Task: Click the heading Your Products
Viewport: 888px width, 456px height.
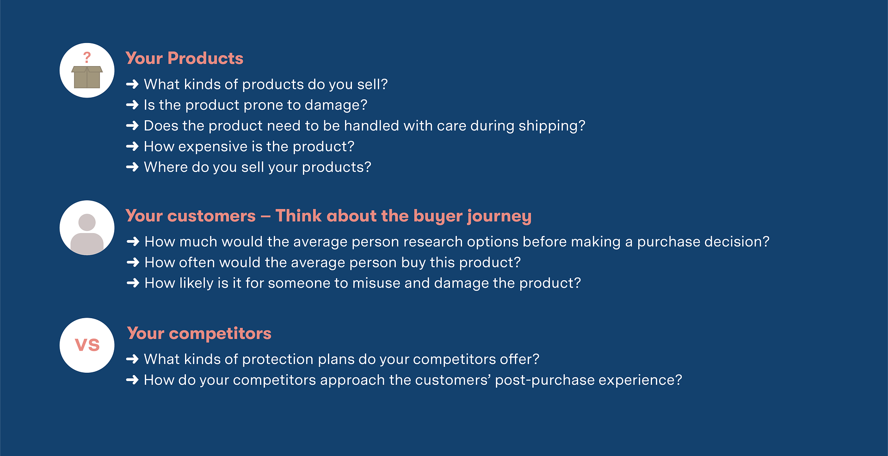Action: click(184, 58)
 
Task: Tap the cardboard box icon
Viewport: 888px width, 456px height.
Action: click(87, 77)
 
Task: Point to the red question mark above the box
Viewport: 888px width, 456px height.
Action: click(87, 57)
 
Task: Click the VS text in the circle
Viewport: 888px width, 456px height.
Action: click(87, 345)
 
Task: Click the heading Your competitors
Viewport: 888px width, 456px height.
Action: click(199, 333)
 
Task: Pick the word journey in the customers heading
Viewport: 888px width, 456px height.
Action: click(499, 216)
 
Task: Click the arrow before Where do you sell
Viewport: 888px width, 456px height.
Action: click(132, 167)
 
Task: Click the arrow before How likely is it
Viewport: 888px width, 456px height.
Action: click(133, 283)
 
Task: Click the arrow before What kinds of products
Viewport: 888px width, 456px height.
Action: click(132, 85)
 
